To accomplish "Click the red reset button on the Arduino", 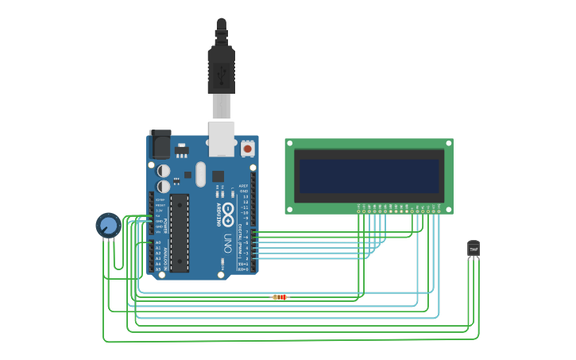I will (x=247, y=148).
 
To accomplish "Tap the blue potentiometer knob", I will (x=108, y=226).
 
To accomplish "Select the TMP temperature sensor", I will (x=474, y=249).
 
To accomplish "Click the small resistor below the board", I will (x=280, y=297).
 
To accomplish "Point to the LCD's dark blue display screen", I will (x=369, y=176).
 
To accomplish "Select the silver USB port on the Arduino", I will (x=222, y=138).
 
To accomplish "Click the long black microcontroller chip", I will (x=180, y=232).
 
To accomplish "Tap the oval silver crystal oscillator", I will (x=200, y=174).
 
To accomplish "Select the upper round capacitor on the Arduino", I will (x=164, y=171).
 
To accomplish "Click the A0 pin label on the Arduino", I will (x=158, y=242).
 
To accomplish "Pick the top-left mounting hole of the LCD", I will (x=290, y=144).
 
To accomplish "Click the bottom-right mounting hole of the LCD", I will (x=448, y=209).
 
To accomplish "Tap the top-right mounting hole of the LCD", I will (x=448, y=144).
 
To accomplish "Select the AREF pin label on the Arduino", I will (x=244, y=185).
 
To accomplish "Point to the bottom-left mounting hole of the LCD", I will (x=290, y=209).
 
